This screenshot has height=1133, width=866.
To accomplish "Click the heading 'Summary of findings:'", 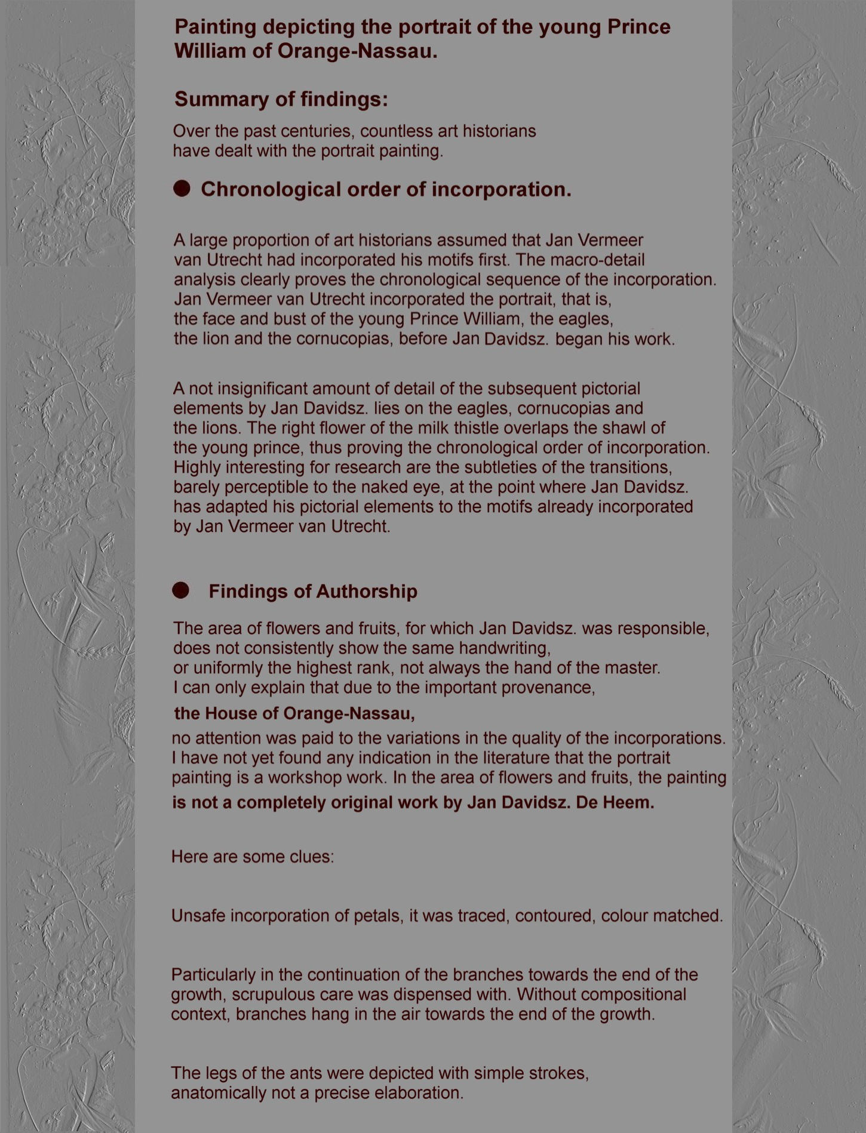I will pos(281,99).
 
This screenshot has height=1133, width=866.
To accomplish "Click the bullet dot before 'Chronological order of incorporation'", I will pos(182,189).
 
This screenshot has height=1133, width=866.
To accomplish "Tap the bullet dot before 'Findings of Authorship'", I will pos(180,591).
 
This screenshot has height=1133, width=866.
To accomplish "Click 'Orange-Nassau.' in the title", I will pos(357,51).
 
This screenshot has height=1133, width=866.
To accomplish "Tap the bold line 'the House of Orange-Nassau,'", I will pos(294,713).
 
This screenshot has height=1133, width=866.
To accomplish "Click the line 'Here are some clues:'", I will pos(253,857).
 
